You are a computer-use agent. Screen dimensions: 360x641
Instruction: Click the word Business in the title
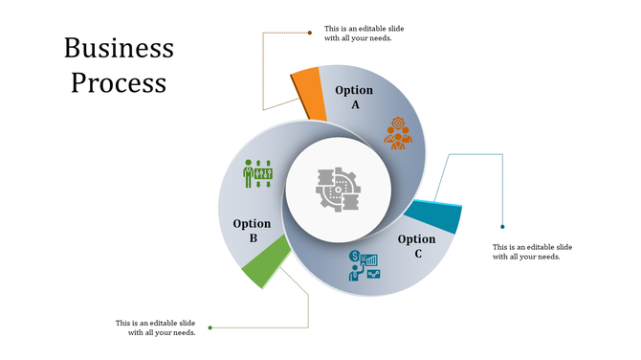click(119, 48)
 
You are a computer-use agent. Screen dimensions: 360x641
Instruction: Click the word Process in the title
click(119, 82)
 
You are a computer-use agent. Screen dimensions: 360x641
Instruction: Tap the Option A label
click(354, 97)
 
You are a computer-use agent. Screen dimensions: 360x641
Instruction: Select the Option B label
click(252, 231)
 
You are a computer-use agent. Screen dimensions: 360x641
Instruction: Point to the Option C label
click(416, 246)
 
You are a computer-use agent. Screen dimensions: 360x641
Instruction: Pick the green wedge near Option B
click(265, 262)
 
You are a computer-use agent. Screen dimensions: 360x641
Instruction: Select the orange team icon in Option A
click(398, 133)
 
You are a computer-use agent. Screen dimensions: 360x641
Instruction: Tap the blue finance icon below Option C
click(364, 265)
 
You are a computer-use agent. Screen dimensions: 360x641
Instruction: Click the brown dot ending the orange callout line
click(310, 33)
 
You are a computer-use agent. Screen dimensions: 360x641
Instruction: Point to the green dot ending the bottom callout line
click(210, 327)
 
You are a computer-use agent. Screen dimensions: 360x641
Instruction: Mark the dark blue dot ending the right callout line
click(503, 227)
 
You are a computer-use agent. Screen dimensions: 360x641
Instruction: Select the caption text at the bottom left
click(156, 327)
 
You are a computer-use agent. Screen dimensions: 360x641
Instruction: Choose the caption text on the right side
click(533, 252)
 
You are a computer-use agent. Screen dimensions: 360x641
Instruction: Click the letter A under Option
click(355, 104)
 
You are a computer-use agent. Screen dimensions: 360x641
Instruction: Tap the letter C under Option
click(417, 254)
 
